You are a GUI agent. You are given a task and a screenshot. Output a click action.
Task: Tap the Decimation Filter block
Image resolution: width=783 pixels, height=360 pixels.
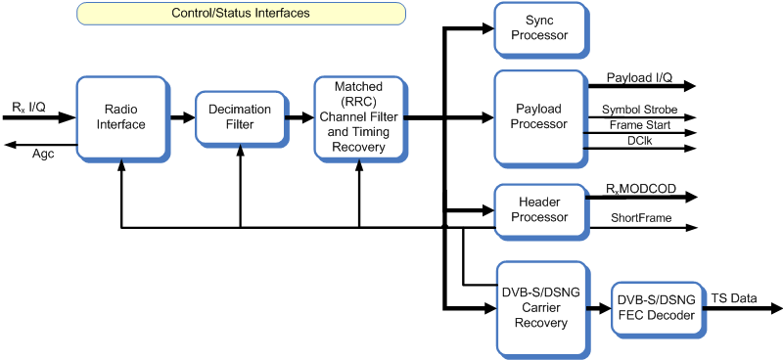240,117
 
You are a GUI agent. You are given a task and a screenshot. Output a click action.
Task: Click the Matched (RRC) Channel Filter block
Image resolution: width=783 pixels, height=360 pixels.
359,117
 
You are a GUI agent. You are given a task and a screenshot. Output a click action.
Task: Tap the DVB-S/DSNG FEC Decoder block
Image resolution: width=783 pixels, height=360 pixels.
654,307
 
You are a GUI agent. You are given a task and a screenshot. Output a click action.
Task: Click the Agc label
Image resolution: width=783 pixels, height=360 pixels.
44,155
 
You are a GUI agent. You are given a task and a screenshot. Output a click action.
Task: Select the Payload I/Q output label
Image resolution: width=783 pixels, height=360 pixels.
639,76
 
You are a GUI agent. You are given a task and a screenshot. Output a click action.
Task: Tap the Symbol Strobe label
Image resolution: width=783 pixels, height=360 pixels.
639,110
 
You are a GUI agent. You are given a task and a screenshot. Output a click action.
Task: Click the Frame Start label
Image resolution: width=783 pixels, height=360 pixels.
639,125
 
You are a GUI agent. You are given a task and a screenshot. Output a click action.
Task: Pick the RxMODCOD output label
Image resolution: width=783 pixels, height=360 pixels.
641,188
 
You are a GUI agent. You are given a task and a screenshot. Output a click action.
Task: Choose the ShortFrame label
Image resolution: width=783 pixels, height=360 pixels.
641,218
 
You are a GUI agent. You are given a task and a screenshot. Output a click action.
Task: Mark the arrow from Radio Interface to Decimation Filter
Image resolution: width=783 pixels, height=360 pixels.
181,117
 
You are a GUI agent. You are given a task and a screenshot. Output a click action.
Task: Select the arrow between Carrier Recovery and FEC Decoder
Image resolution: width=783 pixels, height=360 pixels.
597,307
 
